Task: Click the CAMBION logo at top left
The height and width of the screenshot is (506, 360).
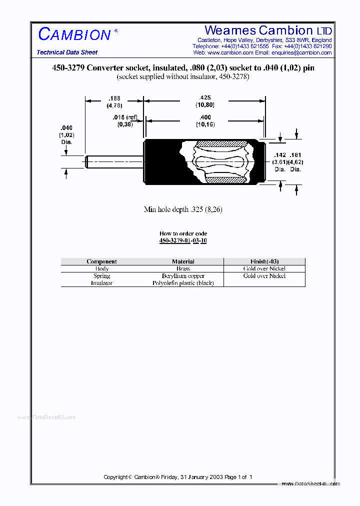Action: [75, 34]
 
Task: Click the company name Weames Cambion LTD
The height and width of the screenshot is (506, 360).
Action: [268, 30]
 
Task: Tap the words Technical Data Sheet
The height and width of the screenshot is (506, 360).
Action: [67, 52]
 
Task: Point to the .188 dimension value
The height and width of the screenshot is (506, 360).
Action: [114, 98]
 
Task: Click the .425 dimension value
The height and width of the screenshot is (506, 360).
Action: [204, 98]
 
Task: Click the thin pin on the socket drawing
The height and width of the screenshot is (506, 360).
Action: [114, 161]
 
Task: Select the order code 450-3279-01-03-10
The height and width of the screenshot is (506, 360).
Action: [183, 240]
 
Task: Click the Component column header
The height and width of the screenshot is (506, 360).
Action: [101, 261]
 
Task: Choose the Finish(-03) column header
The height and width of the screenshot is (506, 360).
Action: [264, 261]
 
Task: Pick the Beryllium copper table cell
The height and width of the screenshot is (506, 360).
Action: [183, 276]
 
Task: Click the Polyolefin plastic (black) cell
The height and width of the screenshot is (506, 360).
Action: [183, 283]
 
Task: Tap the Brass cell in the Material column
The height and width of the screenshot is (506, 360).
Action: [183, 269]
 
